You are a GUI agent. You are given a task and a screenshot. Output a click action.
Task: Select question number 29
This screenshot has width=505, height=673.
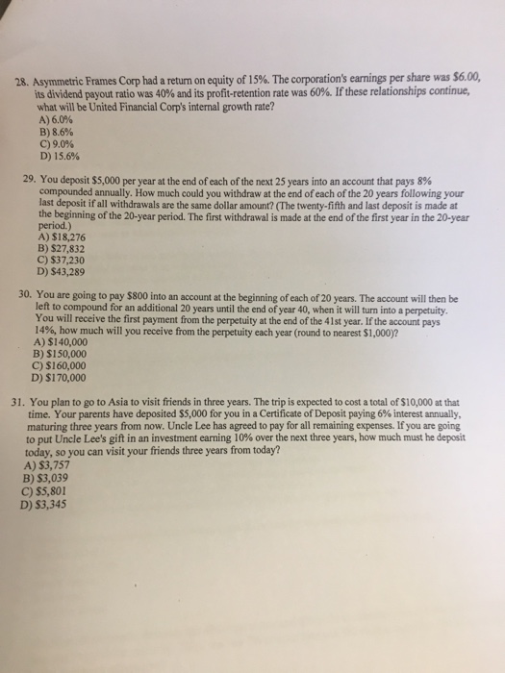tap(30, 180)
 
